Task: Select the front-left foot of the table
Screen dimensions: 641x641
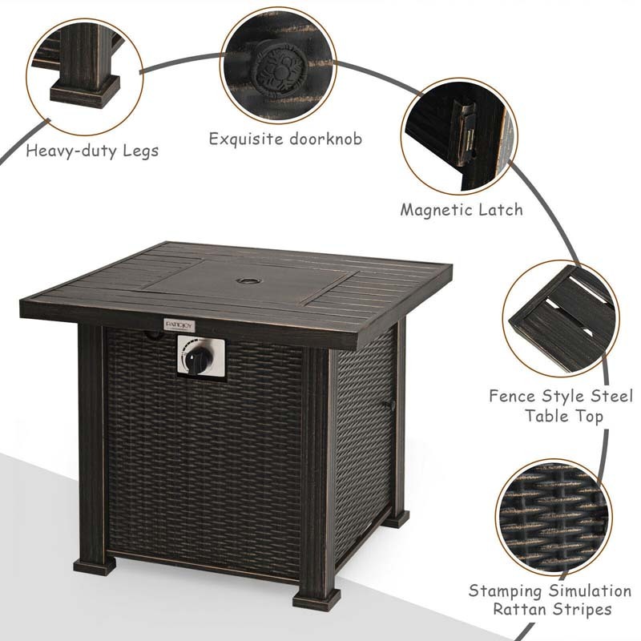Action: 94,563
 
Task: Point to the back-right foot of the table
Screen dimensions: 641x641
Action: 396,517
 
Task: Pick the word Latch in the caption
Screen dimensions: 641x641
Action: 503,210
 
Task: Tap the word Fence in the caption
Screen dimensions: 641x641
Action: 511,396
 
